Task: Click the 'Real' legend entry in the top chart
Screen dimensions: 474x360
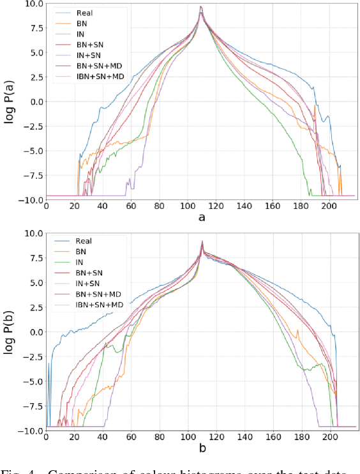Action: (83, 13)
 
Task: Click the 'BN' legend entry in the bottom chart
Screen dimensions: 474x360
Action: (81, 252)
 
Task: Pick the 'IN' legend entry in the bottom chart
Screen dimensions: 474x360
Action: (80, 263)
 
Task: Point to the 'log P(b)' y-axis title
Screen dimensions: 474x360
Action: (10, 332)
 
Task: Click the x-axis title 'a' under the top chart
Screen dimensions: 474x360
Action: (202, 218)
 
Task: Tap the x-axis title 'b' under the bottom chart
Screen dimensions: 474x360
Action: (202, 449)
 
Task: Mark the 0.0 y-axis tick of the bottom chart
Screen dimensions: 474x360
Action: (34, 332)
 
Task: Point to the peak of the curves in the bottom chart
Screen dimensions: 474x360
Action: (202, 241)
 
